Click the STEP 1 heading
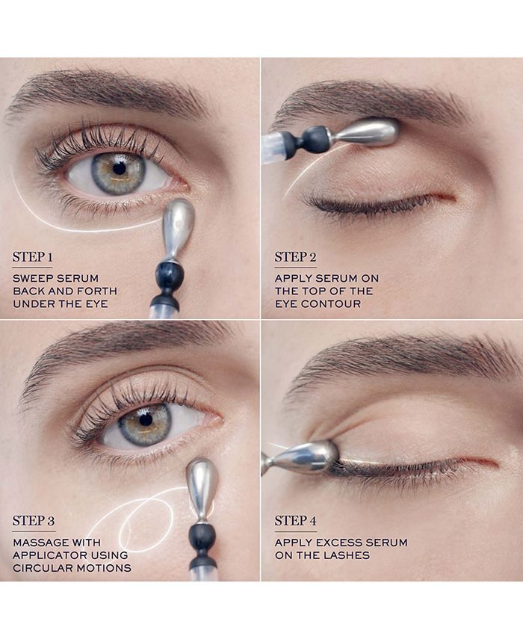tap(32, 258)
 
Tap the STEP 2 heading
tap(294, 258)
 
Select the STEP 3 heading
tap(32, 520)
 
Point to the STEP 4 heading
tap(294, 520)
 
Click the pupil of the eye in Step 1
tap(119, 168)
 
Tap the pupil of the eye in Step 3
tap(145, 419)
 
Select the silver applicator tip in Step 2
tap(366, 132)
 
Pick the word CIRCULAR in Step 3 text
tap(38, 568)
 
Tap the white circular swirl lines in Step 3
tap(142, 519)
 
